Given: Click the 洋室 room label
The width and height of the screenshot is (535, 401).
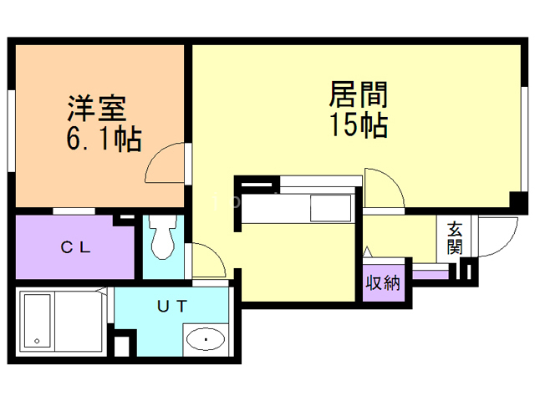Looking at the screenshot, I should click(x=97, y=109).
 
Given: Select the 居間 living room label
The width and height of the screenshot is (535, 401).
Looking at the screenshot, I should click(x=357, y=94).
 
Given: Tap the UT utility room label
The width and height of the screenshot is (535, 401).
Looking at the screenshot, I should click(x=171, y=306).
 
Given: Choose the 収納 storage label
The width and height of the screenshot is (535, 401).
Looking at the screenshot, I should click(x=382, y=283).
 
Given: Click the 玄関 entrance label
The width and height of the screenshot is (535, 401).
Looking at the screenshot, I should click(x=454, y=237).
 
